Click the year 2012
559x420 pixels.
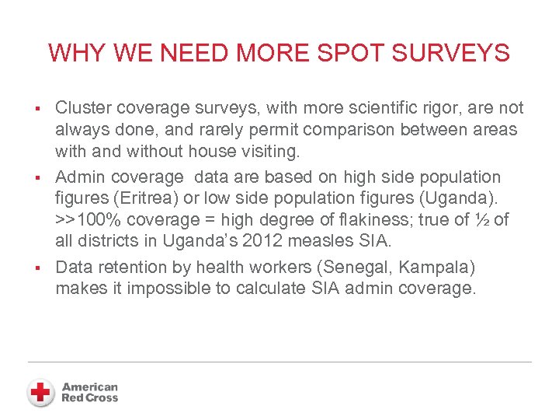[x=258, y=240]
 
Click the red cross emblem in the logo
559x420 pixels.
[x=40, y=392]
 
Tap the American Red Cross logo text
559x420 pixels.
[x=90, y=392]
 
